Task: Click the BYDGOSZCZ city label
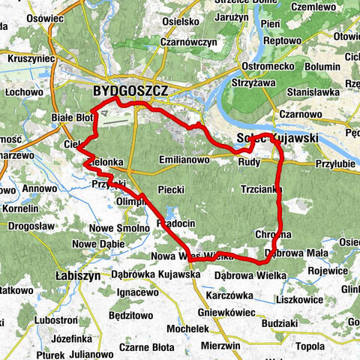[130, 91]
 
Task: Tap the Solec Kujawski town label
[277, 139]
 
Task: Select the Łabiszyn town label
[79, 276]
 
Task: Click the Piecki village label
[172, 190]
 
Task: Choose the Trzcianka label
[261, 190]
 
